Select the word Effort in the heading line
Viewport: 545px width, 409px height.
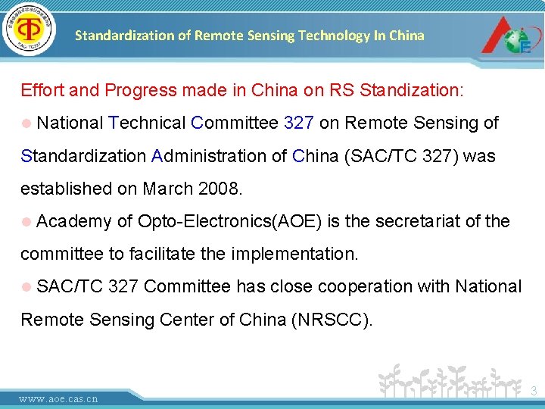pos(42,91)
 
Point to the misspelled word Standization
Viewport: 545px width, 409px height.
pos(410,91)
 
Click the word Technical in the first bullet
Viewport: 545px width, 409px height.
pos(148,123)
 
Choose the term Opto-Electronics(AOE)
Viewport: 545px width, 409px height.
pos(229,222)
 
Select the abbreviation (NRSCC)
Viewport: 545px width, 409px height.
pos(332,320)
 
